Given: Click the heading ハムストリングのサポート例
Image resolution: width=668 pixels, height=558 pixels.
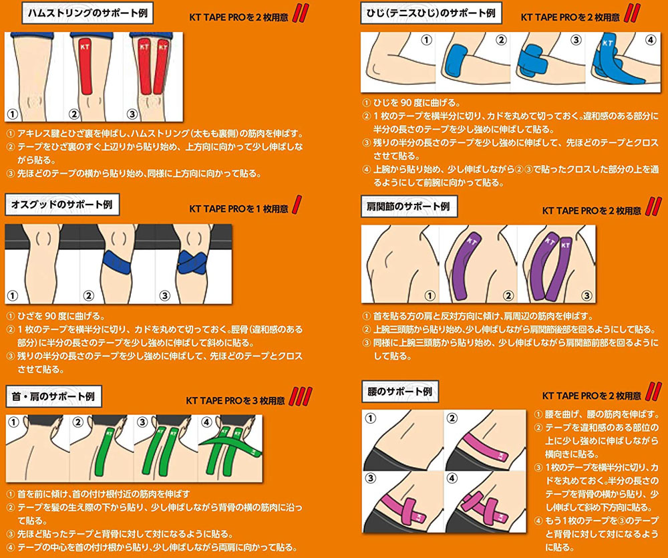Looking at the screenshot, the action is coord(88,13).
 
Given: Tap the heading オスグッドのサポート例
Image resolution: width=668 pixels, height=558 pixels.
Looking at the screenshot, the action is coord(62,204).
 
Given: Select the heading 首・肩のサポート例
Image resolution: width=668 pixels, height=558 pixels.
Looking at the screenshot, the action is coord(53,396).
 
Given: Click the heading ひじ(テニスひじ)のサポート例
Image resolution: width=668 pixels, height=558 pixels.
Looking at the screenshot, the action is coord(431,13).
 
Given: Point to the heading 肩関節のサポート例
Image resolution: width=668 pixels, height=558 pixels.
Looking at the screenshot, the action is coord(409,206).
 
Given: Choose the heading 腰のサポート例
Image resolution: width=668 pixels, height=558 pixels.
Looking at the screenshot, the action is coord(399,392).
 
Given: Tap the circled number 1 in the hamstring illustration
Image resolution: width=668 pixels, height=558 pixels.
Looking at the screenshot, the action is coord(13,114).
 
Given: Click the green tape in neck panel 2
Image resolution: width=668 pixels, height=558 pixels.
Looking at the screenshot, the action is coord(104,451).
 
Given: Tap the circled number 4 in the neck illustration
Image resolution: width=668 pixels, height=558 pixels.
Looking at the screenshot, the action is coord(206,422).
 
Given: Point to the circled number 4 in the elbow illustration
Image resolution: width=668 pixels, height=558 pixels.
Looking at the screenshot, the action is coord(650,40).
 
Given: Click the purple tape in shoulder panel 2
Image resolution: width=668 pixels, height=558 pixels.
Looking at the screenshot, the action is coord(464,267).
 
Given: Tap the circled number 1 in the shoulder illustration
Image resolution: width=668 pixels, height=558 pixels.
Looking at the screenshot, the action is coord(430,295).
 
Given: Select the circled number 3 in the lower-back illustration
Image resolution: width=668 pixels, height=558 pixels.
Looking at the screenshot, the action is coord(371,478).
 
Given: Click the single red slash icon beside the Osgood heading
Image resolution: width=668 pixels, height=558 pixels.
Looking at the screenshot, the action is coord(297,204).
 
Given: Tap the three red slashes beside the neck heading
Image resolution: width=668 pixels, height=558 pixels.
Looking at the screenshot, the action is coord(301,396).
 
